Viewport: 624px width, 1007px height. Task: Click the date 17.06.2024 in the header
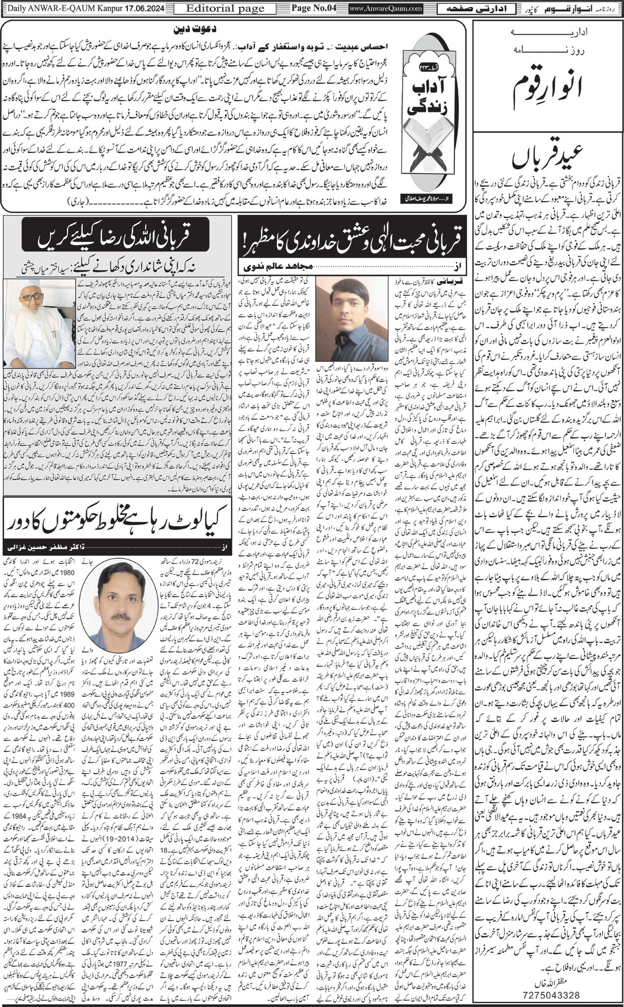click(x=142, y=8)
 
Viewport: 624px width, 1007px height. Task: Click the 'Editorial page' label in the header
click(x=225, y=8)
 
